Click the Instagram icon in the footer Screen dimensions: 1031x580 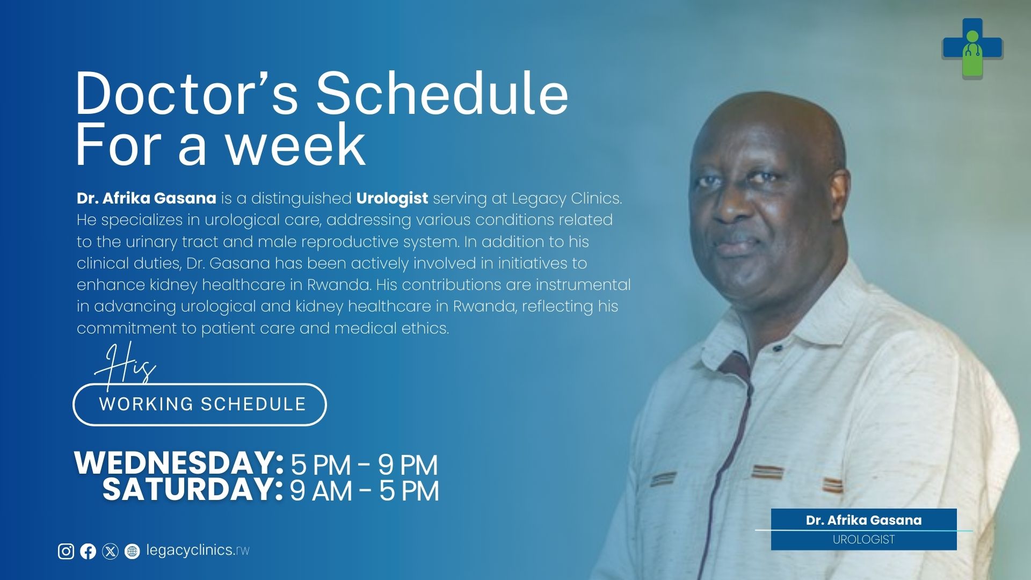pos(66,551)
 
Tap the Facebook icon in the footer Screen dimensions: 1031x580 pos(88,551)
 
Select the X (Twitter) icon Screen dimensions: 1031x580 pos(110,551)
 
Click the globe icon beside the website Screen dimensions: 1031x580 pos(132,551)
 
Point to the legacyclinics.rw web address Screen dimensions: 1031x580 pos(198,550)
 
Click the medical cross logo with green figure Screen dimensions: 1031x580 pos(972,48)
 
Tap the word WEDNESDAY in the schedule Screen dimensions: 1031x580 pos(179,462)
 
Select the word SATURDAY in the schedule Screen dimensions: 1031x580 pos(193,489)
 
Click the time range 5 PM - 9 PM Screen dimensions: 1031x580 pos(364,465)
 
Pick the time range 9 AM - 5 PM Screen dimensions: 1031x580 pos(365,491)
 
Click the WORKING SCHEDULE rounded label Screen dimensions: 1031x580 pos(200,404)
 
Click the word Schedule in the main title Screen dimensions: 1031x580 pos(441,94)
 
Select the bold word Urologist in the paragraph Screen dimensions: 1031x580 pos(392,198)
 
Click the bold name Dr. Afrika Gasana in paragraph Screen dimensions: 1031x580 pos(147,198)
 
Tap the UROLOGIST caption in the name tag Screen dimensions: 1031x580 pos(864,540)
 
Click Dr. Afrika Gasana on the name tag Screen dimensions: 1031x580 pos(864,520)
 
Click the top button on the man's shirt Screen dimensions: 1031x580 pos(777,349)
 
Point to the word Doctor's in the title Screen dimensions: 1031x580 pos(186,94)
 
